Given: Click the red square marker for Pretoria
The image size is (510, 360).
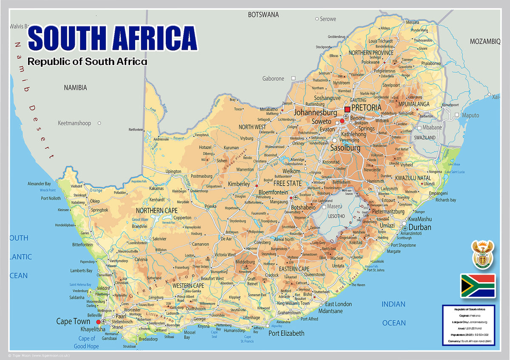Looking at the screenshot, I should coord(347,109).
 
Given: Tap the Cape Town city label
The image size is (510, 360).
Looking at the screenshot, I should coord(73,321).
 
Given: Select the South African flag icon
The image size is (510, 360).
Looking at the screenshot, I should coord(478,286).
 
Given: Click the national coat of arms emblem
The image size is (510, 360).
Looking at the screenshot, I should coord(483,255).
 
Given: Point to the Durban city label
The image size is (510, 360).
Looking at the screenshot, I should coord(419,227).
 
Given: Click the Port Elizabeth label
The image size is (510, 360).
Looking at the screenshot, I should coord(286,333).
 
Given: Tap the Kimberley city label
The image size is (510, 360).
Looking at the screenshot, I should coord(239,184).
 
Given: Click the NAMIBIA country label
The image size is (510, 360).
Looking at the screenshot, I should coord(75,88).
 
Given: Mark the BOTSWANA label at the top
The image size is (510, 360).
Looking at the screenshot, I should coord(263,15).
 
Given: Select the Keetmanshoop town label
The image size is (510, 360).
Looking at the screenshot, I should coord(74,123).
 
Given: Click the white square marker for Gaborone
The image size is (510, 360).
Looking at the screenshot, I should coord(293,78).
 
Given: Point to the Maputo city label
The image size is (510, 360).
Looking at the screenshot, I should coord(470,115).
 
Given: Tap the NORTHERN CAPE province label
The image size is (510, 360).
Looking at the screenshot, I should coord(157,210).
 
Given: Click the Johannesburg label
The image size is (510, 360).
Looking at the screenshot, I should coord(315,113).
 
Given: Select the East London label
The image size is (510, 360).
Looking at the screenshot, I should coord(338,304).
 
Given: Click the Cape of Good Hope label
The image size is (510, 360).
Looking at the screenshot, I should coord(86,342).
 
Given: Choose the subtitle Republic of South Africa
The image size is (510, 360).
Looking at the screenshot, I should coord(87,61).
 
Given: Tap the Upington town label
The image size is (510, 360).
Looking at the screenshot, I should coord(173,171).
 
